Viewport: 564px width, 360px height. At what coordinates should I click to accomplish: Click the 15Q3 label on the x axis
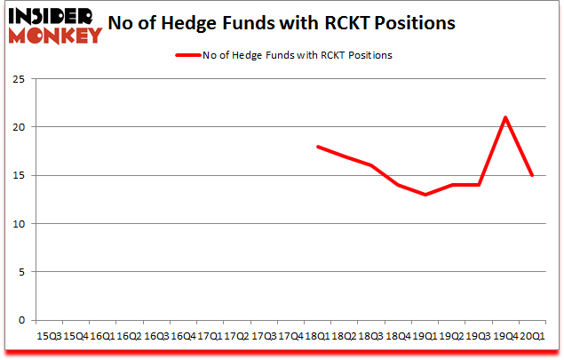(48, 336)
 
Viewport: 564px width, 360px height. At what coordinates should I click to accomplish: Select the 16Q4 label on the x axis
(183, 336)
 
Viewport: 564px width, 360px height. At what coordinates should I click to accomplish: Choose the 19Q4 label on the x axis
(505, 336)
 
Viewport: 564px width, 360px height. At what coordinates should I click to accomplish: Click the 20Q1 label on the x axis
(532, 336)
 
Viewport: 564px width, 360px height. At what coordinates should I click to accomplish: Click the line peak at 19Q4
(505, 117)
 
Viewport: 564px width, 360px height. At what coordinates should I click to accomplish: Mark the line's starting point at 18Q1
(318, 147)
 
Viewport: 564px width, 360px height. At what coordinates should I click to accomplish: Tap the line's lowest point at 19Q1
(425, 195)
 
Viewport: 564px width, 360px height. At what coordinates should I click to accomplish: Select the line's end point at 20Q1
(532, 175)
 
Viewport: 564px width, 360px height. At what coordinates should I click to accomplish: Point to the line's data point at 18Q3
(371, 165)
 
